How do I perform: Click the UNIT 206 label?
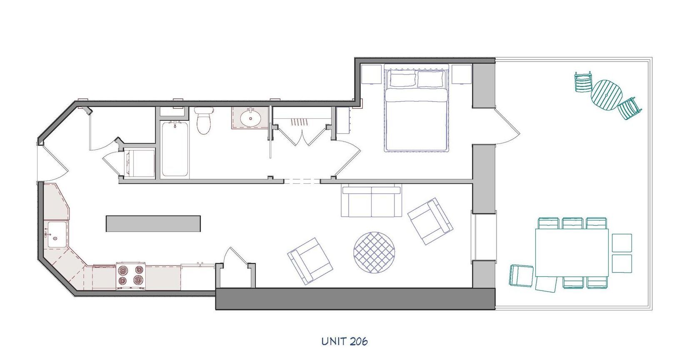click(x=344, y=342)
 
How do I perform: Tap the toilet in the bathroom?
click(x=204, y=121)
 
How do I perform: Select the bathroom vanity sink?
click(x=250, y=118)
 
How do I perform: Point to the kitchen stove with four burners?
click(x=131, y=276)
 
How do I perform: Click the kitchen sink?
click(x=55, y=235)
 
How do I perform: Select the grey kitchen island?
click(x=153, y=223)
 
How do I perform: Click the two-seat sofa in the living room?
click(x=371, y=202)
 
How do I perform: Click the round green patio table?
click(x=606, y=95)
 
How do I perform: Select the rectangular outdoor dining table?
click(x=572, y=252)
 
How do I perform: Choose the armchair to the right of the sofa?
click(x=430, y=221)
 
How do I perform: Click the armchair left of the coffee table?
click(x=310, y=261)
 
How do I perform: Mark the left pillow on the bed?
click(x=403, y=79)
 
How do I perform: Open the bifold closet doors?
click(x=300, y=136)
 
